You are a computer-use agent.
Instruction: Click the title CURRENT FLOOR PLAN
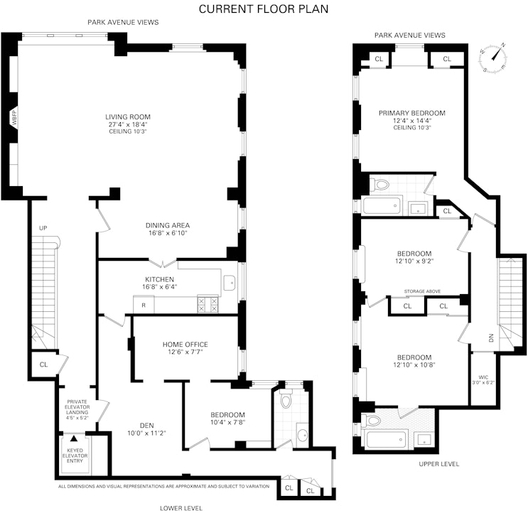(x=264, y=9)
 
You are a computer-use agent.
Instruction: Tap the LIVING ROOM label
(x=128, y=117)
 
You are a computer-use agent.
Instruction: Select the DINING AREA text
(x=168, y=225)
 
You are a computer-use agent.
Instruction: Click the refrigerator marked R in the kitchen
(x=144, y=305)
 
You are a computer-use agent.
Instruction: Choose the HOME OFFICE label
(x=185, y=345)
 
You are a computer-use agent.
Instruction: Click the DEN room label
(x=147, y=426)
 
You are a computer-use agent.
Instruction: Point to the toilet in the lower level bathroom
(x=286, y=400)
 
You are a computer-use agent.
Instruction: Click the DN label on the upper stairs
(x=490, y=339)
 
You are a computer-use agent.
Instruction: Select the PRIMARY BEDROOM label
(x=411, y=113)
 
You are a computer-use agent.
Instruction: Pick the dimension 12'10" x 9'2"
(x=414, y=261)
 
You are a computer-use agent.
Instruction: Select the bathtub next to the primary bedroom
(x=382, y=207)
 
